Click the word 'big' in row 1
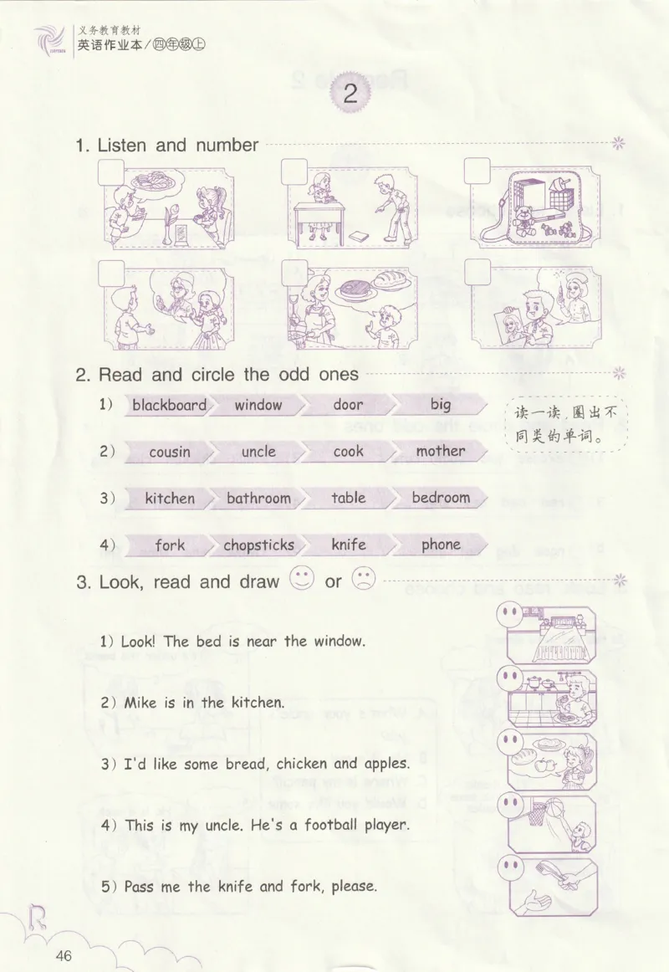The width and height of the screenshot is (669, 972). tap(441, 405)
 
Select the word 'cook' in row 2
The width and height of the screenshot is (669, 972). tap(348, 452)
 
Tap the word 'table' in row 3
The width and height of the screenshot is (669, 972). tap(348, 497)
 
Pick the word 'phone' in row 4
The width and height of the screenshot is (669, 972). tap(441, 545)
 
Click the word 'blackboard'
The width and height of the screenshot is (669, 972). tap(169, 405)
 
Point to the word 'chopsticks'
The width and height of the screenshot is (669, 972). tap(259, 545)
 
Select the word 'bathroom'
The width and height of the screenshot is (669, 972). tap(258, 498)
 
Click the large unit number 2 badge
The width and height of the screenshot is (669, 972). tap(350, 94)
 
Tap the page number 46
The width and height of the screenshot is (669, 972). tap(64, 955)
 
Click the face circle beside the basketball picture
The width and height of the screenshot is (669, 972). tap(510, 804)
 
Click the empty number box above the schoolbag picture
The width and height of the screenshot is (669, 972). tap(477, 171)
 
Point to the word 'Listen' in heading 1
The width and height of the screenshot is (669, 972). tap(122, 145)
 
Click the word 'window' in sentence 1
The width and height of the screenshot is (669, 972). tap(340, 641)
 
